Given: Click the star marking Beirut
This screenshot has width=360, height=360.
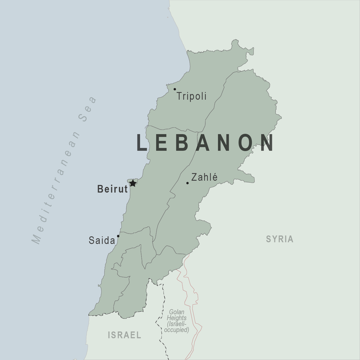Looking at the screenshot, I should tap(133, 183).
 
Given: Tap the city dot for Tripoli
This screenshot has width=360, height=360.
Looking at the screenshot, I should tap(175, 89).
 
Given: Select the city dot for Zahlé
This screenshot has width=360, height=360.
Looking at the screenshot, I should tap(187, 183).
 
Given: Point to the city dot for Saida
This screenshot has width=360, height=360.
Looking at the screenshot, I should tap(118, 236).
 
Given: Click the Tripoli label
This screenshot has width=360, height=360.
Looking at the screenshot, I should tap(192, 97).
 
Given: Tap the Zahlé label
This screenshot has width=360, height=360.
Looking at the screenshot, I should tap(204, 177).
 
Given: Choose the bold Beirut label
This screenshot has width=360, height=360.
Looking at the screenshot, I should tap(112, 189).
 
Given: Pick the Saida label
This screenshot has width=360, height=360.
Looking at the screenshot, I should tap(102, 241).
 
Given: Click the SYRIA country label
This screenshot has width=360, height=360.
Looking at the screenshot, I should tap(280, 239).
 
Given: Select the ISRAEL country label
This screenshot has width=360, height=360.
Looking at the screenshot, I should tap(125, 335).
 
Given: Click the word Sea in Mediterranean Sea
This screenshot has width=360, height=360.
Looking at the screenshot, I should tap(88, 109).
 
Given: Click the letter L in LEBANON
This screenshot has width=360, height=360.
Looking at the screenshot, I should tap(142, 143).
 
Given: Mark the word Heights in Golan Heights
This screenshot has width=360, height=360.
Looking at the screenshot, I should tap(176, 318).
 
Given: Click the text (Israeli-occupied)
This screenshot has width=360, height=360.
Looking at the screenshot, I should tap(177, 327).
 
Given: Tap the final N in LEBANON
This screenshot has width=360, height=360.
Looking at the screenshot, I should tap(267, 143).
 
